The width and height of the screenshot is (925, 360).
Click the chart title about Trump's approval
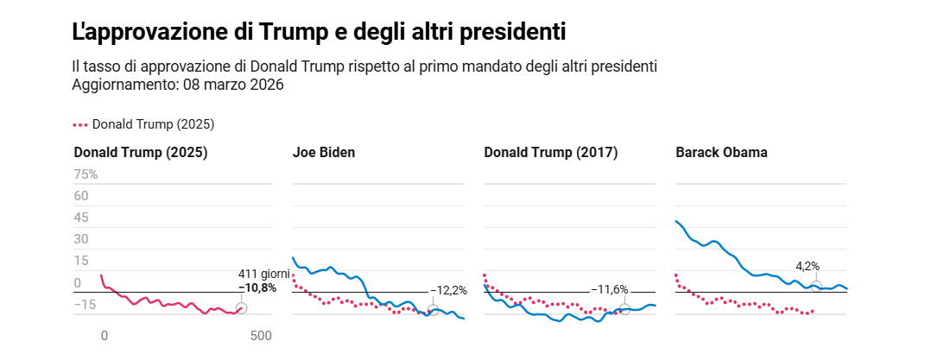[319, 32]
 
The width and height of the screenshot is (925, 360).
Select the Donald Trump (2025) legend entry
[144, 124]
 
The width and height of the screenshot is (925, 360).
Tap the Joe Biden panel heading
[324, 153]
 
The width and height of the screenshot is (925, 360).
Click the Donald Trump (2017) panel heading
[550, 153]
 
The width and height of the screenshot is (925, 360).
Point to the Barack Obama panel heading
[721, 153]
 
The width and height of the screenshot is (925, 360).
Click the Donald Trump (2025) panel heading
[141, 153]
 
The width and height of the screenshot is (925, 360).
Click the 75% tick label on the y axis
[86, 174]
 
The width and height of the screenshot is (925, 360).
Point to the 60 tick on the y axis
[81, 196]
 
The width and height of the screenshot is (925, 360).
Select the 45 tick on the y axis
[81, 218]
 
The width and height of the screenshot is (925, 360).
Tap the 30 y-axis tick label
[81, 239]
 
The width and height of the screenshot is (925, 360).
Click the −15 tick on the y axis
[85, 304]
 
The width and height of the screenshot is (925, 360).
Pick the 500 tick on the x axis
[261, 336]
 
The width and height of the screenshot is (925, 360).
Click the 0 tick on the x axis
[105, 336]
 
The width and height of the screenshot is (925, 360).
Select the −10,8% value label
[257, 287]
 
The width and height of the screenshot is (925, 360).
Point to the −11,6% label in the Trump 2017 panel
[610, 290]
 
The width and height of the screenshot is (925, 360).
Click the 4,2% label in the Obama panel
[808, 266]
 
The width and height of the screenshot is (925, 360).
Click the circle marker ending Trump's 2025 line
[241, 308]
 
